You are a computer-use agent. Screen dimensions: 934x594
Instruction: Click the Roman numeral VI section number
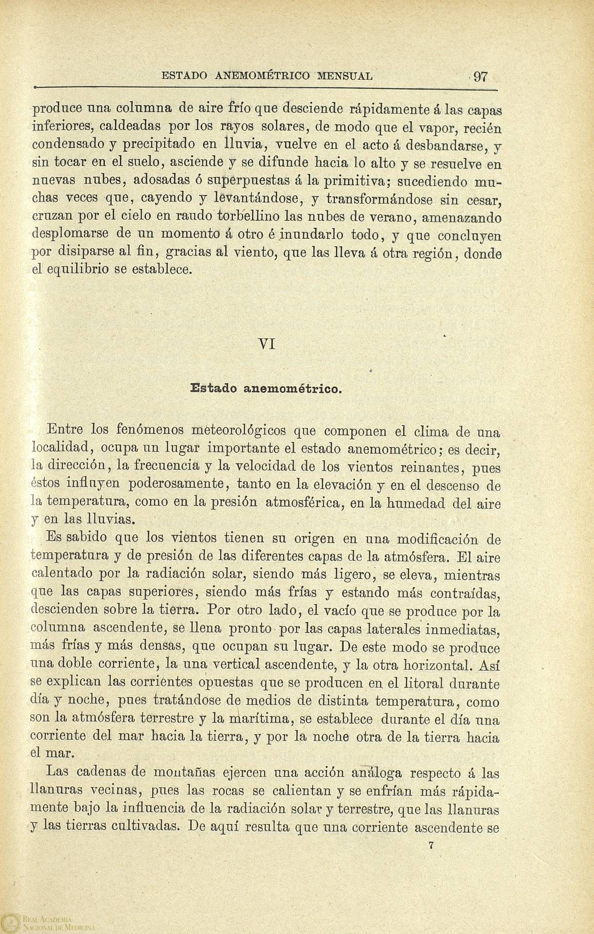(x=267, y=344)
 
